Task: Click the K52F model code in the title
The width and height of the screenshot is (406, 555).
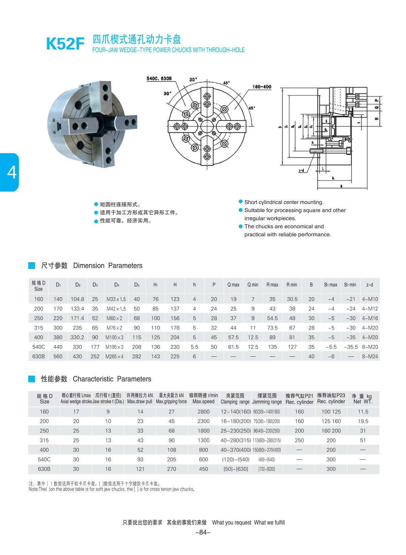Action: click(65, 44)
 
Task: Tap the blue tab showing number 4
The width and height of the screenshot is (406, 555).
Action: click(10, 172)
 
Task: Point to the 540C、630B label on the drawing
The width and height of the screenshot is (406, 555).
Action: click(159, 78)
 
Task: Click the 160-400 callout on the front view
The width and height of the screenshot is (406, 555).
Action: click(262, 87)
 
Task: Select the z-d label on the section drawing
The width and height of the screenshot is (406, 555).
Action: click(301, 171)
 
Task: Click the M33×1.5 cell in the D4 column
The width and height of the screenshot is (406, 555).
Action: click(116, 299)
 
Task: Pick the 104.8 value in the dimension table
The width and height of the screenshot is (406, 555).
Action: click(77, 299)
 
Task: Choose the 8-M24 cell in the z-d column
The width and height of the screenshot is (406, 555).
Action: click(370, 356)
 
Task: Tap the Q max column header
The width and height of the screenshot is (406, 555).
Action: click(233, 285)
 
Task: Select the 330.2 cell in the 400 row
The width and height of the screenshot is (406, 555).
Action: click(77, 337)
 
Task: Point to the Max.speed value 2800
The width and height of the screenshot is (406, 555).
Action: click(204, 412)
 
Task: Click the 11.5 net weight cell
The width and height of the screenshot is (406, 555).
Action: click(363, 412)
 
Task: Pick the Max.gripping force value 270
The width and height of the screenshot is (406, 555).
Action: click(172, 469)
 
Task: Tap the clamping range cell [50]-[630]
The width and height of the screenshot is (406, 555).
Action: click(235, 469)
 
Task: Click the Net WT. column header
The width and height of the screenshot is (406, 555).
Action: click(363, 399)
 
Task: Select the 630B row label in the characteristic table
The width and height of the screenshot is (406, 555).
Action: click(44, 469)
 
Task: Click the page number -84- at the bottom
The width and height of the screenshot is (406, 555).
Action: click(203, 532)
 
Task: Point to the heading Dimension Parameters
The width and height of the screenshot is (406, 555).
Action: click(108, 266)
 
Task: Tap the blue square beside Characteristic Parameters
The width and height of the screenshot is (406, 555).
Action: click(32, 379)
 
